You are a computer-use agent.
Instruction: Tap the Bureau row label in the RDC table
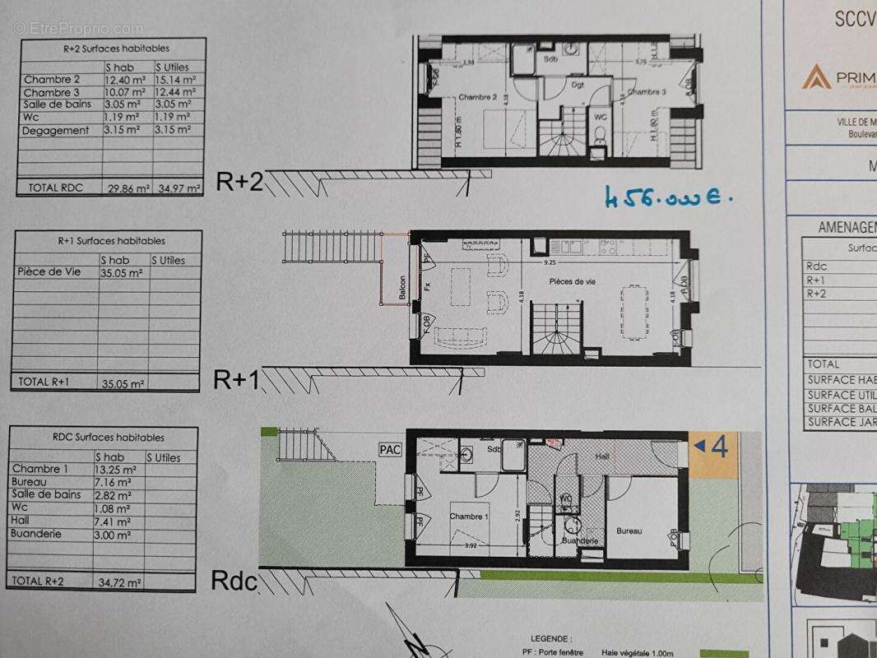pyautogui.click(x=30, y=482)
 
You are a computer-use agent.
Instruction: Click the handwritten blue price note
pyautogui.click(x=667, y=197)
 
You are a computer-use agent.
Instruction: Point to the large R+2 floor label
pyautogui.click(x=239, y=182)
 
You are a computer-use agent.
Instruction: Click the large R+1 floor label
pyautogui.click(x=237, y=379)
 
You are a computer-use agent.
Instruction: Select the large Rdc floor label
pyautogui.click(x=235, y=581)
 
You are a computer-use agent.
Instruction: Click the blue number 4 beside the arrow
pyautogui.click(x=718, y=447)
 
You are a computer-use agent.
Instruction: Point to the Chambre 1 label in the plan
pyautogui.click(x=469, y=517)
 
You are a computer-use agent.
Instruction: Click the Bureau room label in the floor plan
pyautogui.click(x=629, y=531)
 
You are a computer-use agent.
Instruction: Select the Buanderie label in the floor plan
pyautogui.click(x=579, y=541)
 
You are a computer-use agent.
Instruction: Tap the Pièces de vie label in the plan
pyautogui.click(x=573, y=281)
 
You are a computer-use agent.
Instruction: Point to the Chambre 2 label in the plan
pyautogui.click(x=477, y=97)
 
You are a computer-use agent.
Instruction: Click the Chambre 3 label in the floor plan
pyautogui.click(x=646, y=93)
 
